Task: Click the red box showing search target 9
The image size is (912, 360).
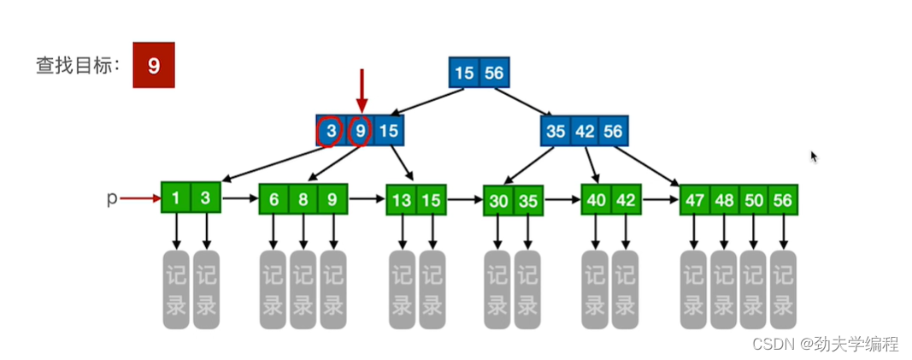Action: [x=154, y=66]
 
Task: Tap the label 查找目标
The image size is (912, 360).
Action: [x=76, y=66]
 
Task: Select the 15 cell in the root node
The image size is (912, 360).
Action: [x=464, y=73]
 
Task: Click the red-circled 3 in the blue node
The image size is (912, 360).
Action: [x=331, y=132]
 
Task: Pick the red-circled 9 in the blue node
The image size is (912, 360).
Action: [x=361, y=132]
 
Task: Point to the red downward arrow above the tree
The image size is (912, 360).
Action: [x=362, y=90]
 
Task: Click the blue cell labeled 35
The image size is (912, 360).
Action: [x=556, y=132]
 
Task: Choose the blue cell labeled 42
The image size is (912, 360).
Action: [x=585, y=132]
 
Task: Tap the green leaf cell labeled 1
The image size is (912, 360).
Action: [x=176, y=198]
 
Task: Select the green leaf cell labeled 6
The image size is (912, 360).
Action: [x=274, y=199]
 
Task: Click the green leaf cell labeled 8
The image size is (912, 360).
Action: [x=303, y=199]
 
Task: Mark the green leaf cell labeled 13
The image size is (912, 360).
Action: [x=402, y=200]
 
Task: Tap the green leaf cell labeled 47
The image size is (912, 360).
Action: [x=695, y=201]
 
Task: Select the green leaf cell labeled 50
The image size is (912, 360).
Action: [x=753, y=201]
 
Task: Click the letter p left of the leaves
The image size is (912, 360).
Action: [x=111, y=198]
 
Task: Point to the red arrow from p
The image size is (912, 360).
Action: [x=139, y=198]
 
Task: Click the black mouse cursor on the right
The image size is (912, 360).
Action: [x=814, y=156]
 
